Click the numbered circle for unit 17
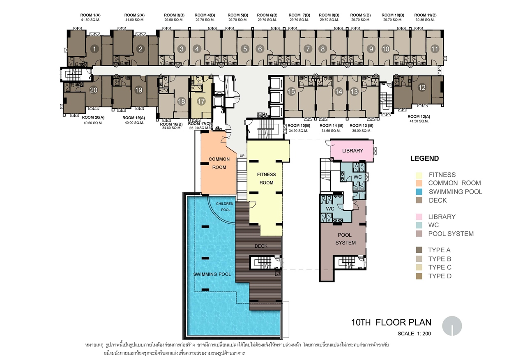point(201,101)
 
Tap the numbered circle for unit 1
point(94,49)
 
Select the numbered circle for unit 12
point(422,88)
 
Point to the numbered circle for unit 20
point(93,90)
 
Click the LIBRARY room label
point(352,151)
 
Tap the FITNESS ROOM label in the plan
point(266,179)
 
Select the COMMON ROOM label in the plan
point(219,163)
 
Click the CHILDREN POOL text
point(225,207)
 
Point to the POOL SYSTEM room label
point(345,239)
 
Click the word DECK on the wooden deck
point(261,246)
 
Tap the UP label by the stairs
point(242,156)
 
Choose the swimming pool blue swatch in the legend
point(419,192)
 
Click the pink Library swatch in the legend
point(419,217)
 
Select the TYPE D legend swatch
point(419,276)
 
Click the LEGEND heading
point(424,158)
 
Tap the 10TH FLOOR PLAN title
point(391,322)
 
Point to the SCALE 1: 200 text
point(414,334)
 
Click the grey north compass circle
point(452,326)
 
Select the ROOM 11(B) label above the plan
point(425,15)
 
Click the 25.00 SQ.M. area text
point(199,128)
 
